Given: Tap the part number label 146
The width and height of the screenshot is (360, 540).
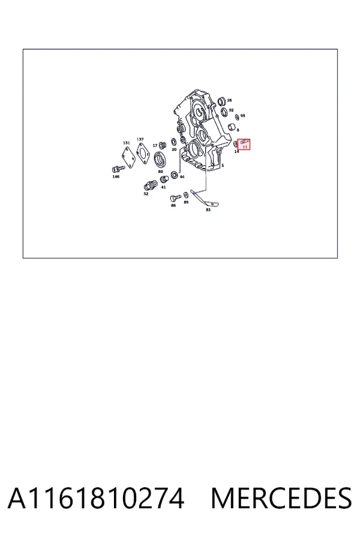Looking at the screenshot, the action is click(116, 176).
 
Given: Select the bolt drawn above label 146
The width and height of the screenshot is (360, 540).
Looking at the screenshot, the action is click(118, 169).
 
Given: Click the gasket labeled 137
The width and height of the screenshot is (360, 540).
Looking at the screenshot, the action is click(142, 152).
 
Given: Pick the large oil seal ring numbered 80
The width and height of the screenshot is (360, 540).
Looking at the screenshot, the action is click(160, 159).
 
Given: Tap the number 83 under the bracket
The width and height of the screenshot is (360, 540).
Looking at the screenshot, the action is click(208, 210).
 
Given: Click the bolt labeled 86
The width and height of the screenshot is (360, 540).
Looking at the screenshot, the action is click(175, 199).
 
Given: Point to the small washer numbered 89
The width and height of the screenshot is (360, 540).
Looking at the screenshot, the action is click(186, 195).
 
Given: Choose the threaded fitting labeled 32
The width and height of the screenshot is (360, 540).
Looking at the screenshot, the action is click(150, 186).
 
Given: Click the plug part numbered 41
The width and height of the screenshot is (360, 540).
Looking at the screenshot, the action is click(164, 180).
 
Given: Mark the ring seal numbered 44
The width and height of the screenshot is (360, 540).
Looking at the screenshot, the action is click(175, 175).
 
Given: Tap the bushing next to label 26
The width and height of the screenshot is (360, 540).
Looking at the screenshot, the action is click(222, 101).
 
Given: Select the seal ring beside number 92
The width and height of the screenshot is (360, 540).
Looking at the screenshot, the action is click(224, 112).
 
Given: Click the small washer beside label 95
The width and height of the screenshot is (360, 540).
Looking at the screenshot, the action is click(236, 118).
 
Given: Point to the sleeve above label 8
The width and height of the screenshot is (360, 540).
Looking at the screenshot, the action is click(233, 127).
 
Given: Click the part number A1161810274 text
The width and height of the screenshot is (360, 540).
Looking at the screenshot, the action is click(96, 499).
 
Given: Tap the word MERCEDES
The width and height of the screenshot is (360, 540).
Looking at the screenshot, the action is click(281, 499).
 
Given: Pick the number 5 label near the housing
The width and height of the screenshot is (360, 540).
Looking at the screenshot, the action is click(223, 166).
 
